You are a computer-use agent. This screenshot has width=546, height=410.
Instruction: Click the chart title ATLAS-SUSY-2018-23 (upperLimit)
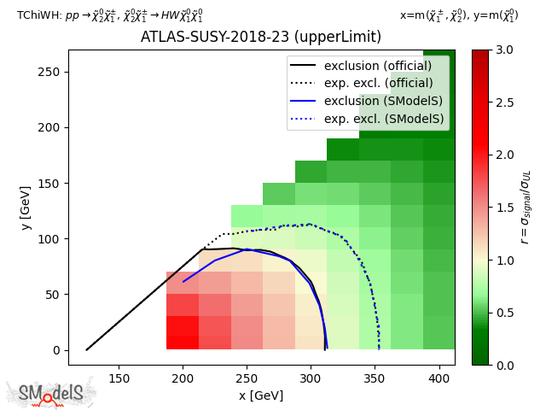coord(261,38)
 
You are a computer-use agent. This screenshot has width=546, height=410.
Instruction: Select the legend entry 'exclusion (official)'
coord(377,66)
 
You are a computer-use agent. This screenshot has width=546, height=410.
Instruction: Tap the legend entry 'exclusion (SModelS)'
coord(378,102)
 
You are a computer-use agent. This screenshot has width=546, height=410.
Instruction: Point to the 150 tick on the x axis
coord(119,378)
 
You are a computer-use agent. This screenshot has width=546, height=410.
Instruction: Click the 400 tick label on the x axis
coord(439,378)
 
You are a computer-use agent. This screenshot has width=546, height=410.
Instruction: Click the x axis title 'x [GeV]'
coord(261,395)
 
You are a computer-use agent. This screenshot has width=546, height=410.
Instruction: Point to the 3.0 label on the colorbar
coord(503,50)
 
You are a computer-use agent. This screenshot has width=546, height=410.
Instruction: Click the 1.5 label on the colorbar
coord(503,208)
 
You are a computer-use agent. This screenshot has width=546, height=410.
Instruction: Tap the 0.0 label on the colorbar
coord(503,365)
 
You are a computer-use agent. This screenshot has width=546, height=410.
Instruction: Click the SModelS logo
coord(51,393)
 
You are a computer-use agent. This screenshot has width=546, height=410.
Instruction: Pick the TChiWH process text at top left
coord(110,15)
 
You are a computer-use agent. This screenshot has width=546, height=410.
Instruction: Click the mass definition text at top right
coord(458,15)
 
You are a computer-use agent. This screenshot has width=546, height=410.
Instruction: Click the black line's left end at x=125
coord(87,349)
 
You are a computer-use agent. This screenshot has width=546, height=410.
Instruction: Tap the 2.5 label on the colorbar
coord(503,102)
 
